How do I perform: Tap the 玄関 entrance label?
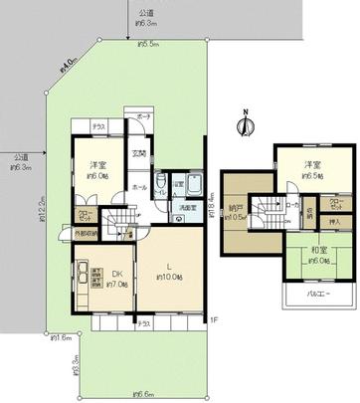coord(141,154)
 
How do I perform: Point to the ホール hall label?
coord(139,186)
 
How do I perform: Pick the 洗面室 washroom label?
coord(184,209)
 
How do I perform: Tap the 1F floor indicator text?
coord(213,319)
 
